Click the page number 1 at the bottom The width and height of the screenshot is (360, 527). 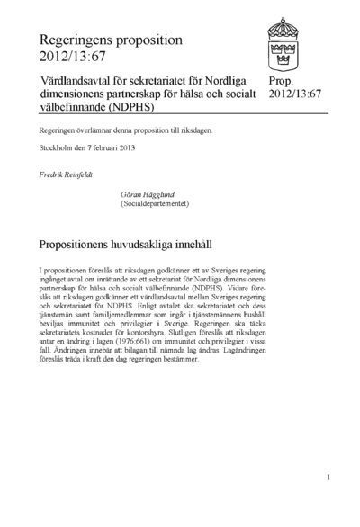pos(329,477)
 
